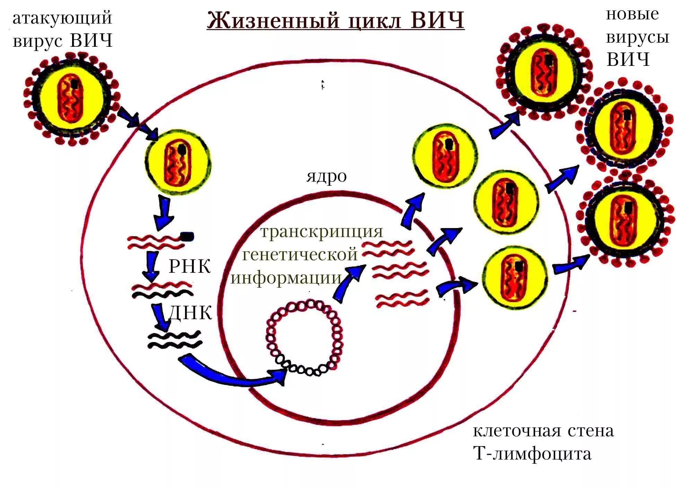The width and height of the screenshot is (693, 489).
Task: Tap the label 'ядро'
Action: (326, 176)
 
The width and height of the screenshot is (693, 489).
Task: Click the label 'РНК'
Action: (190, 267)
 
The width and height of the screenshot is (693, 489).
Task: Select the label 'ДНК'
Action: (190, 313)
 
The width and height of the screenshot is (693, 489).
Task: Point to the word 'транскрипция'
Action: (322, 232)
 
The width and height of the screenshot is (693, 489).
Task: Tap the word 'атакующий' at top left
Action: (62, 18)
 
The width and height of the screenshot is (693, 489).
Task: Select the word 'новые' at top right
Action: (632, 15)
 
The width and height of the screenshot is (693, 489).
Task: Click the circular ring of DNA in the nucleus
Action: (304, 338)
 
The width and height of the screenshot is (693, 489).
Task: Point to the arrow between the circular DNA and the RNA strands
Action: (348, 282)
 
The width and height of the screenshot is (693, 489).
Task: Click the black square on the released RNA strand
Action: (187, 237)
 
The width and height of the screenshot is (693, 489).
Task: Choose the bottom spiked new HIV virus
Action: (625, 222)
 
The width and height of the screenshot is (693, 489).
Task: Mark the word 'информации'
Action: (286, 278)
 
